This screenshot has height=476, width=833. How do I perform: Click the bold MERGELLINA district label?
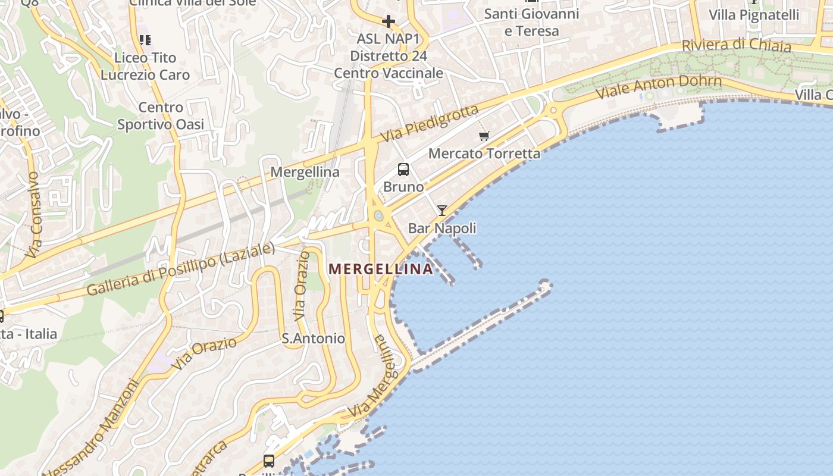pos(381,269)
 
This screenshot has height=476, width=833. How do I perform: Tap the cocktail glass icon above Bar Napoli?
pos(441,210)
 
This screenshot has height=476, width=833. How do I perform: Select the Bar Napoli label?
pos(442,228)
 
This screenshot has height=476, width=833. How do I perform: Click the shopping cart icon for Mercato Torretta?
pos(484,136)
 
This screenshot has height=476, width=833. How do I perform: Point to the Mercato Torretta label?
pos(484,154)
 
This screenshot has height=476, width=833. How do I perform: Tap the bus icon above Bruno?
pos(403,170)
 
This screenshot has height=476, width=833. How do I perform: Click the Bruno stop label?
pos(403,187)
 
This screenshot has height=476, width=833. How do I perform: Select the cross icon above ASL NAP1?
pos(389,22)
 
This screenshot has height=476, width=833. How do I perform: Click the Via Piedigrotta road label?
pos(429,123)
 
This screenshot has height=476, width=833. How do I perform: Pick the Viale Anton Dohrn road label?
pos(659,87)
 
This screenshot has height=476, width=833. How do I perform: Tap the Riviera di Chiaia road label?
pos(736,45)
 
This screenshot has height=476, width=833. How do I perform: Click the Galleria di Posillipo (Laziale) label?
pos(181,270)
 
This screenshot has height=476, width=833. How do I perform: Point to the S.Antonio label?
pos(313,339)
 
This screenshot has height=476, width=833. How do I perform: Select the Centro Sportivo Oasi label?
pos(161,116)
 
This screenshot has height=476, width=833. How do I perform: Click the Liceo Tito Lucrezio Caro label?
pos(145,66)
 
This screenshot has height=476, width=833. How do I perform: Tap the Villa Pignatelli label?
pos(754,15)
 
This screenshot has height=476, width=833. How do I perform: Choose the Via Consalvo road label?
pos(35,215)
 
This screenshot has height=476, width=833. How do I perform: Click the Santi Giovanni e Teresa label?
pos(531,22)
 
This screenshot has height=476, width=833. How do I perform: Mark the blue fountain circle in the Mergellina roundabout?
pos(378,215)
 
